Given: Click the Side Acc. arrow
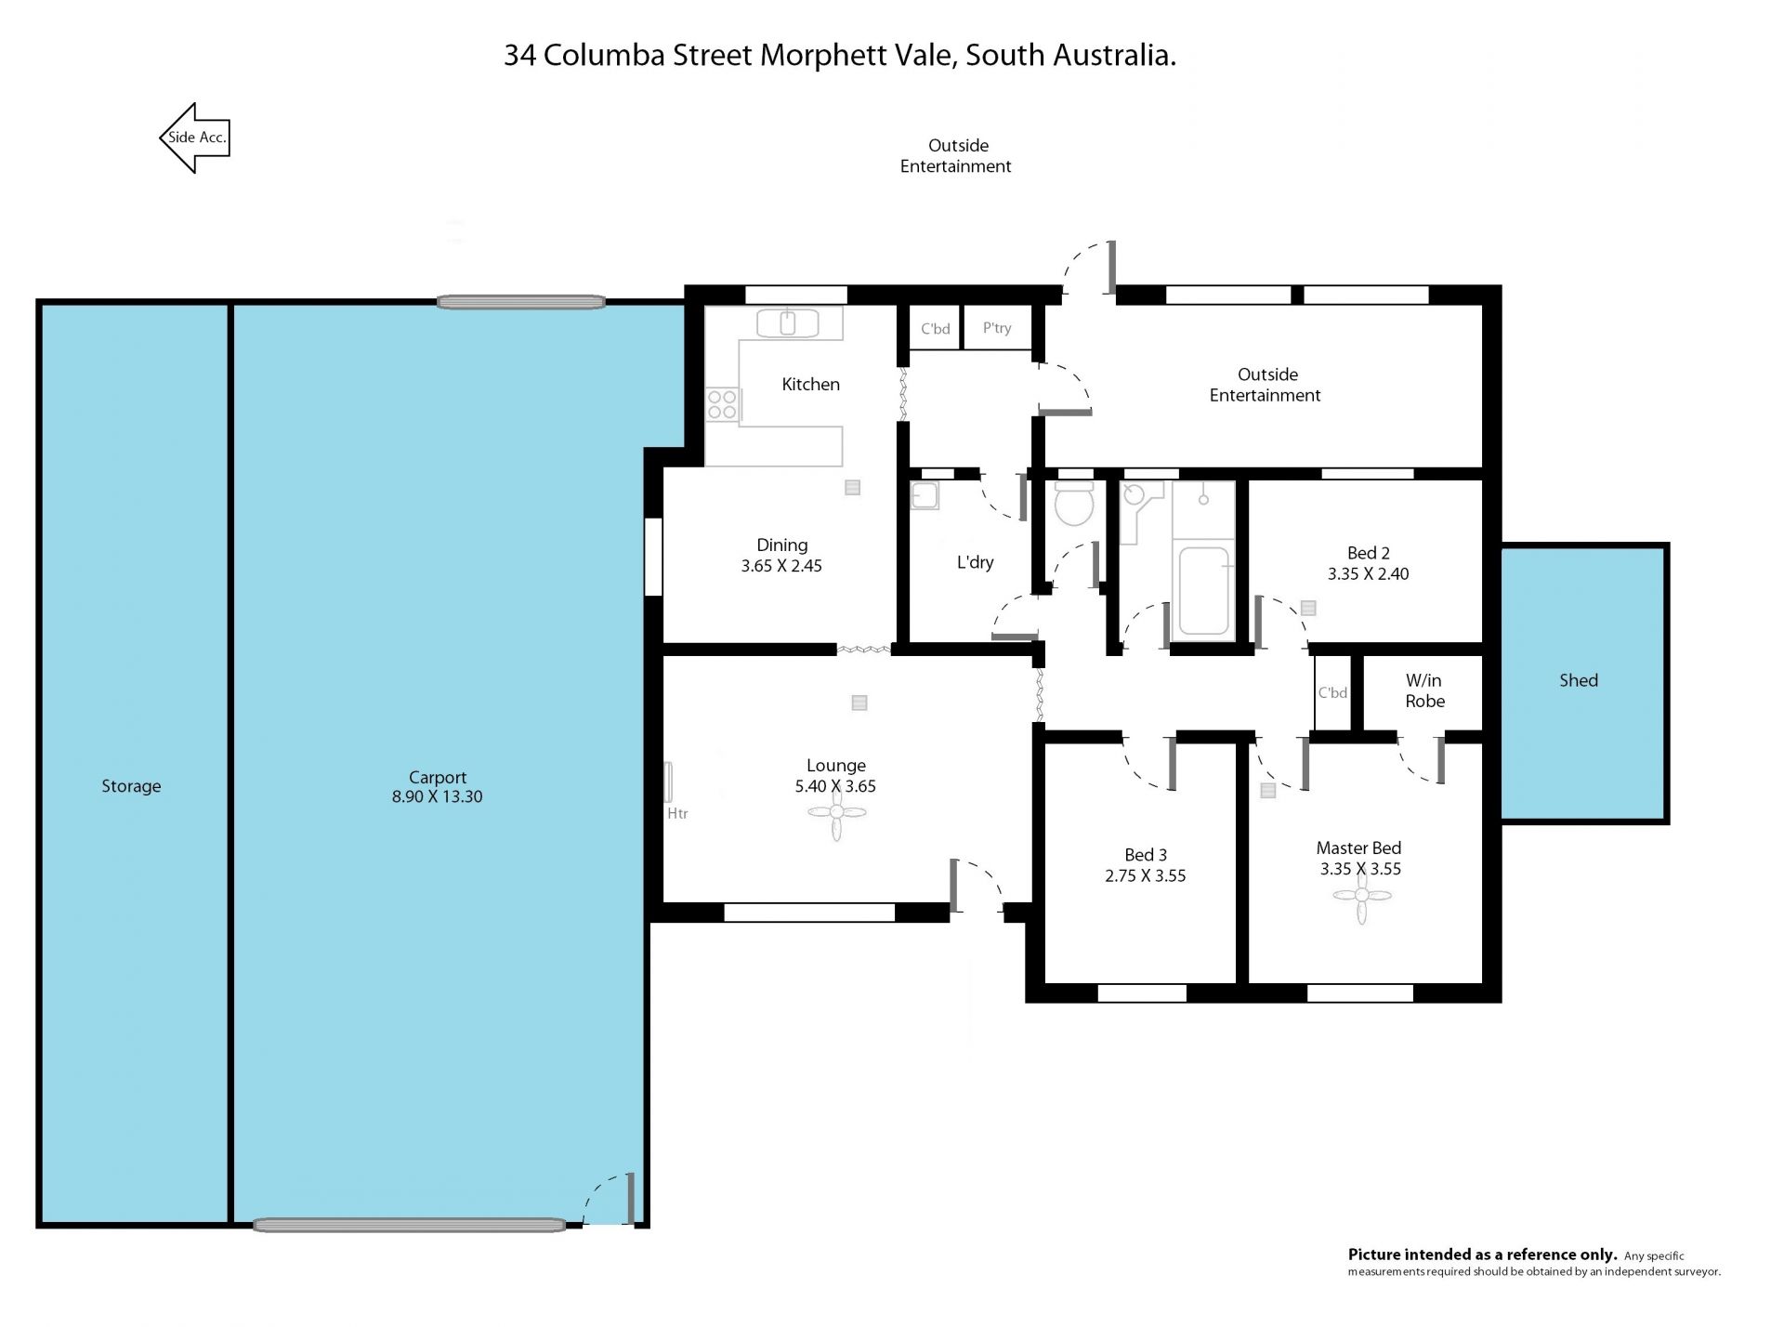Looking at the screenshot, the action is (194, 138).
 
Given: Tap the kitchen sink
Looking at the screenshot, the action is (787, 323).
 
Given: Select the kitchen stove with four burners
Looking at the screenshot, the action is (723, 405).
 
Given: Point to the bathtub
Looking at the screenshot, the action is (1203, 591).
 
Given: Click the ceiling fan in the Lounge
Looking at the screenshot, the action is (836, 813).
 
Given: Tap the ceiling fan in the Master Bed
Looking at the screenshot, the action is (1362, 897).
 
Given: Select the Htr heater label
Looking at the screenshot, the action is (677, 813).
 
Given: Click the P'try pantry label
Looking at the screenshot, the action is (997, 328).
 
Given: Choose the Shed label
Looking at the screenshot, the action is (1579, 680).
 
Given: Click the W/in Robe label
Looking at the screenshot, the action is (1424, 691).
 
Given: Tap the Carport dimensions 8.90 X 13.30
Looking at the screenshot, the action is (437, 796).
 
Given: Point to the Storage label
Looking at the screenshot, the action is (131, 786).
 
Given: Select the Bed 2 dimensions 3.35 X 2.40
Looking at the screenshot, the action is (1368, 574).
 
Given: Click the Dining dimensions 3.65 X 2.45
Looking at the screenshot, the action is (781, 566).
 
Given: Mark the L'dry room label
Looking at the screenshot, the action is (975, 562).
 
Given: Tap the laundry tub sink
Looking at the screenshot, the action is (925, 496).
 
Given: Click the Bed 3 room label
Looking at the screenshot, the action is (1146, 855).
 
